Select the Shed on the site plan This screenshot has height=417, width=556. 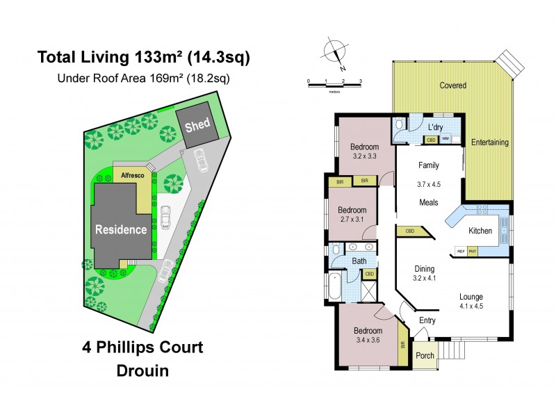point(197,125)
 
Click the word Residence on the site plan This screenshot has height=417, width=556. point(121,229)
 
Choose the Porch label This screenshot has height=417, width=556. point(425,355)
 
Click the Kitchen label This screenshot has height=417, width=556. point(480,231)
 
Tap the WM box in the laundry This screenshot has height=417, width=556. point(444,140)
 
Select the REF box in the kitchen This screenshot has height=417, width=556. point(460,251)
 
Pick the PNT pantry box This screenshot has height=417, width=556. point(473,251)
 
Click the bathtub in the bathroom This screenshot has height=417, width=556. point(334,286)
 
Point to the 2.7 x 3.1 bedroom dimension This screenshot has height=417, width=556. point(351,220)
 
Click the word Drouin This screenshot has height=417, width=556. point(142,373)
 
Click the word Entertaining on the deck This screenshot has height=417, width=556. point(490,142)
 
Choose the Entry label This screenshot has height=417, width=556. point(427,320)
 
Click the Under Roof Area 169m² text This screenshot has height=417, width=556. point(142,79)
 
